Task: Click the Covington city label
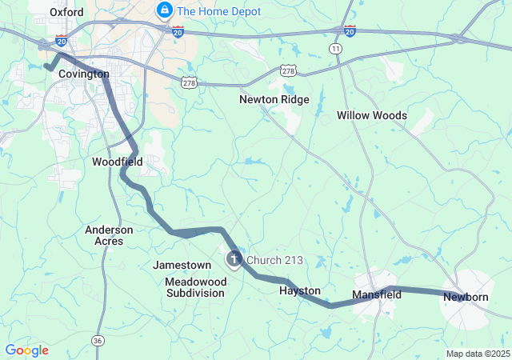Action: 84,74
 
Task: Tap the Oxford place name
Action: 66,12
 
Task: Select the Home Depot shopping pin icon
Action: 164,10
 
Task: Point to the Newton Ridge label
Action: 274,100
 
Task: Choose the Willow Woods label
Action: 371,115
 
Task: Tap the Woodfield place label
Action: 117,162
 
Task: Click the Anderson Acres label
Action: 109,235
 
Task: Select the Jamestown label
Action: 182,265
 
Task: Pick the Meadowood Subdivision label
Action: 195,287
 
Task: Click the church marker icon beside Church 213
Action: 234,258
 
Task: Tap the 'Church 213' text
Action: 274,260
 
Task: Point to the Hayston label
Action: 300,290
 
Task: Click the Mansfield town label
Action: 377,294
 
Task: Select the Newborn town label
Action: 466,298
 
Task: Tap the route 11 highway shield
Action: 334,49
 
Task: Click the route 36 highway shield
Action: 98,340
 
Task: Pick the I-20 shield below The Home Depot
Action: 178,30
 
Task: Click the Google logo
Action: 26,350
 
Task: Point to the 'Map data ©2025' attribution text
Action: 477,354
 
